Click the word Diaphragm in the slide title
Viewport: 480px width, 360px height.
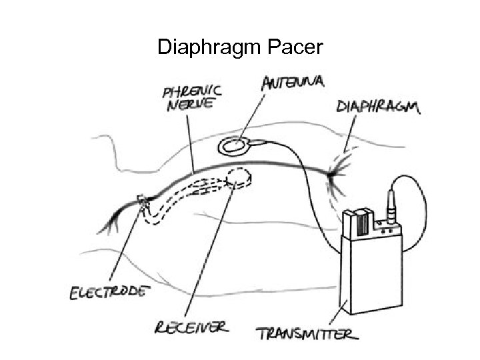click(210, 49)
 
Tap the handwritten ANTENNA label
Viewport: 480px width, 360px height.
click(293, 83)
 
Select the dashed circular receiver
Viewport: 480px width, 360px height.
click(239, 177)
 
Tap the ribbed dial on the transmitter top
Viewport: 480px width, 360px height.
click(361, 222)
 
